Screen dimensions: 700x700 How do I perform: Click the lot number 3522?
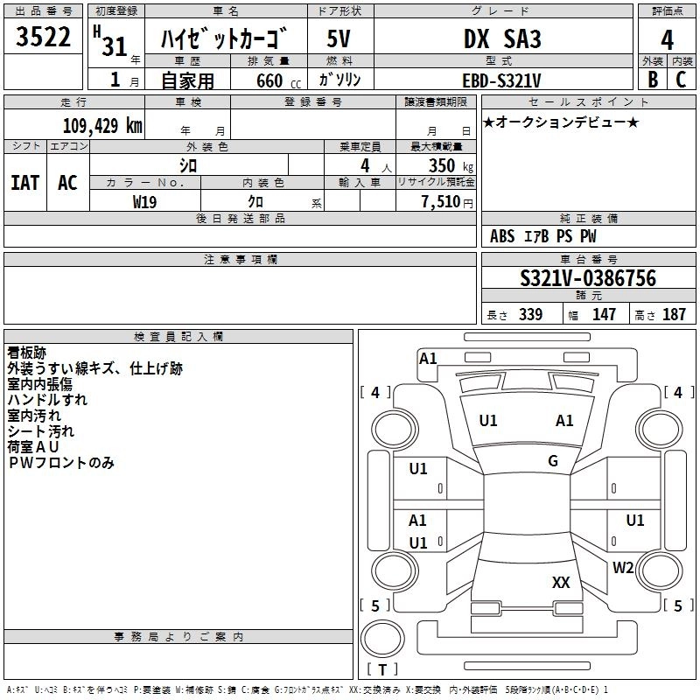tap(43, 37)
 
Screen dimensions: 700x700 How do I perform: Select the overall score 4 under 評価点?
tap(667, 39)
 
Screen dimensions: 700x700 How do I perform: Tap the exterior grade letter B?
tap(653, 80)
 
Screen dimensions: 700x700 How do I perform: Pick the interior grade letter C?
tap(681, 80)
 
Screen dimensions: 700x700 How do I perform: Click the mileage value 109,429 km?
tap(102, 126)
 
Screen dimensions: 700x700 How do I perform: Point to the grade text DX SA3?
tap(502, 38)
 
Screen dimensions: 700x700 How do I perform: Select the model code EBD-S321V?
tap(501, 80)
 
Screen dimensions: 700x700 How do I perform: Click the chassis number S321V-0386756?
tap(588, 278)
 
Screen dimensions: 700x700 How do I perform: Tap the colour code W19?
tap(144, 202)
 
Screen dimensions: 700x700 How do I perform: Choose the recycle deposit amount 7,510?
tap(441, 201)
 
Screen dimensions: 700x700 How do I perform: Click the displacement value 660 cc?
tap(278, 81)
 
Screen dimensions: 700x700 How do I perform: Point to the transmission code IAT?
tap(25, 183)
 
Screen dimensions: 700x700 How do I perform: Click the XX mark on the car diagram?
tap(561, 583)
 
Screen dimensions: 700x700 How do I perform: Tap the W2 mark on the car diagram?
tap(623, 567)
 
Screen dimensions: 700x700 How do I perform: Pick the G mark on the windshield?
tap(553, 461)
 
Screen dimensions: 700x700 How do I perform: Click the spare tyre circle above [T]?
tap(382, 639)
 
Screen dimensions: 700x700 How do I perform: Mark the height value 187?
tap(674, 314)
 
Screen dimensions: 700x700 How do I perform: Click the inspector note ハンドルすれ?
tap(47, 400)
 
